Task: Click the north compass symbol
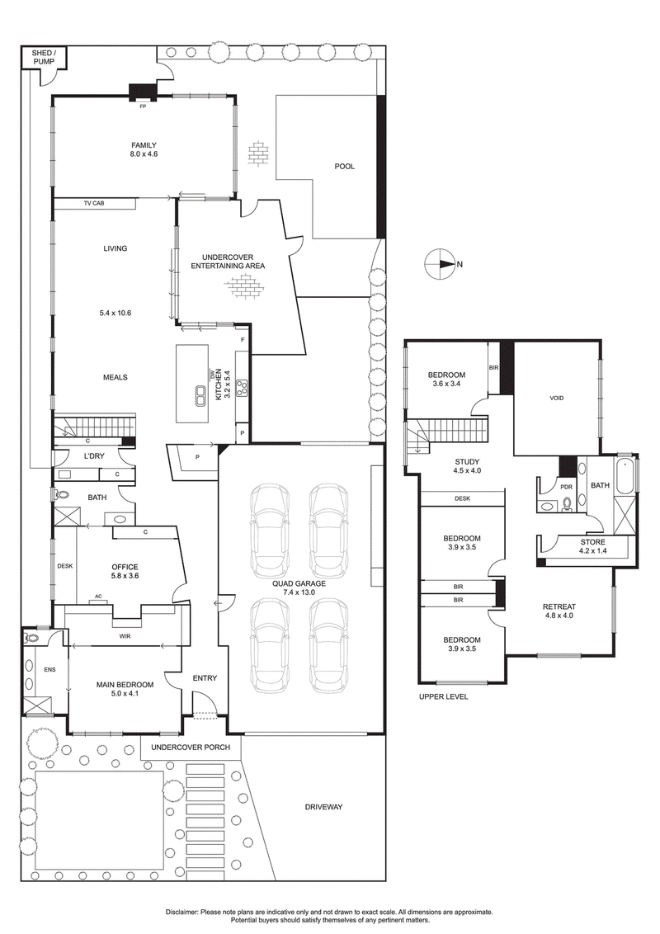point(439,265)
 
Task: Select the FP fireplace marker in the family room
point(142,106)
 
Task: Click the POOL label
point(344,167)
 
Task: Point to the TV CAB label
point(94,203)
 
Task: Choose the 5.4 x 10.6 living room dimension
point(115,313)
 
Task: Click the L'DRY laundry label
point(92,456)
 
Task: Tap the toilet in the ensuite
point(31,638)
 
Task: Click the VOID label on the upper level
point(557,398)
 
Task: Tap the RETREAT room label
point(559,606)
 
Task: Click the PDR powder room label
point(566,487)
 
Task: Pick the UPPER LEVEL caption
point(443,696)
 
